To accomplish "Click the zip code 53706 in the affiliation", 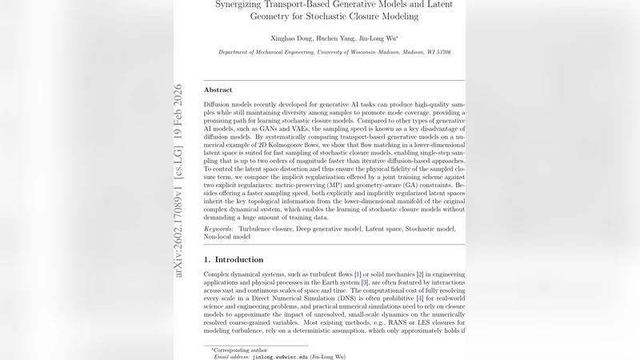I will point(442,53).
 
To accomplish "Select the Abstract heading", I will point(218,90).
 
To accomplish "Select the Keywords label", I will point(220,229).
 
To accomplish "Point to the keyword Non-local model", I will point(227,237).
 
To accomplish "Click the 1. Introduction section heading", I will point(234,260).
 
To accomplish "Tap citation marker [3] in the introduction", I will point(365,282).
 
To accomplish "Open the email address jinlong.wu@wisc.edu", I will point(287,357).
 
